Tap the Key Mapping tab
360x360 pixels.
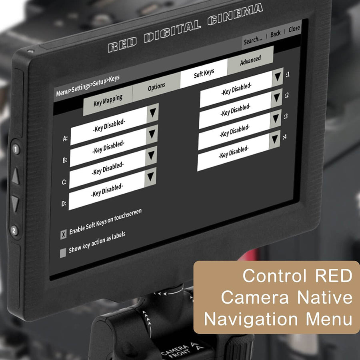108,100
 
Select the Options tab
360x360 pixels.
156,87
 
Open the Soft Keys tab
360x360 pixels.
204,74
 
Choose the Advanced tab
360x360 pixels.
250,60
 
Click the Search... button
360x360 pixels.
253,41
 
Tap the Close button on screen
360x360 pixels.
294,29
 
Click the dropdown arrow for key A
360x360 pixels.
153,112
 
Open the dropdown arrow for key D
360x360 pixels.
150,177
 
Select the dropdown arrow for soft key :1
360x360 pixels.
278,77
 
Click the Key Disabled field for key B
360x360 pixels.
108,147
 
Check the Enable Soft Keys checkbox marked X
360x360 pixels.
63,234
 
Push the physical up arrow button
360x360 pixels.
15,176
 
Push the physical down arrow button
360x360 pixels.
15,203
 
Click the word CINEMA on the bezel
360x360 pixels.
235,14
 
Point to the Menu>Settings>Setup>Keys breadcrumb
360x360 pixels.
88,86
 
